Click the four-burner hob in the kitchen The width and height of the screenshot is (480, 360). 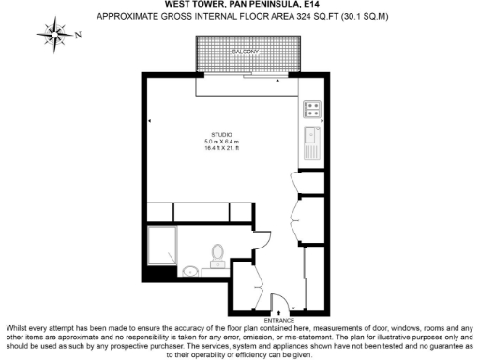312,112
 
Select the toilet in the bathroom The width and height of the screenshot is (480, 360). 217,253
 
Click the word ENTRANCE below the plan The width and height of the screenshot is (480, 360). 278,321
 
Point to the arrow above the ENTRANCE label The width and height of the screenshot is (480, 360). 278,313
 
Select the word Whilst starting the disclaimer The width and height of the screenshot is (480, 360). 17,327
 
